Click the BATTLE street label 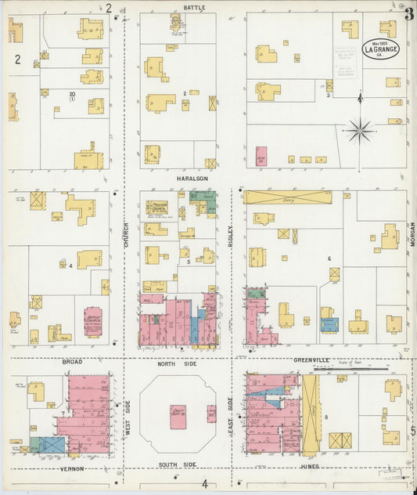194,7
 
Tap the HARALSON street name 192,179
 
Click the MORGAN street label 411,235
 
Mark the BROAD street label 73,362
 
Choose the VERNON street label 73,468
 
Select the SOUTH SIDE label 178,465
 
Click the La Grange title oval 379,49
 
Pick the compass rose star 359,130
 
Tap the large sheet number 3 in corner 408,13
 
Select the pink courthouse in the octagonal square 178,416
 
